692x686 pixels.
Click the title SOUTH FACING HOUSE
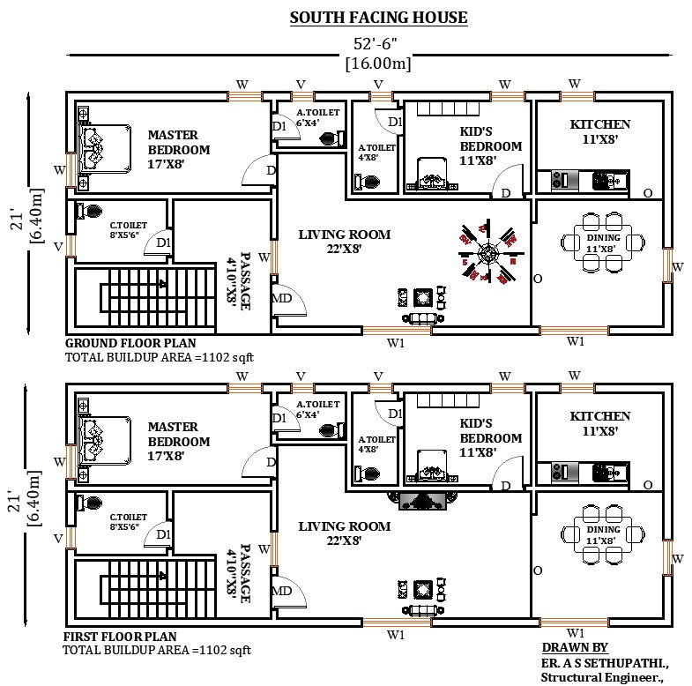[379, 17]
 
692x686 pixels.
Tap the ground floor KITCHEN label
[599, 131]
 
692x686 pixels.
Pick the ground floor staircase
[145, 301]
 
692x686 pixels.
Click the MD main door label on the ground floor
[284, 298]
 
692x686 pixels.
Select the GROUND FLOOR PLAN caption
[131, 343]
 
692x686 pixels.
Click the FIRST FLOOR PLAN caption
[120, 636]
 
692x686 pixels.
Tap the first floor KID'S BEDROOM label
[491, 431]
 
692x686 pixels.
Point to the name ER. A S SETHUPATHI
[605, 661]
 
